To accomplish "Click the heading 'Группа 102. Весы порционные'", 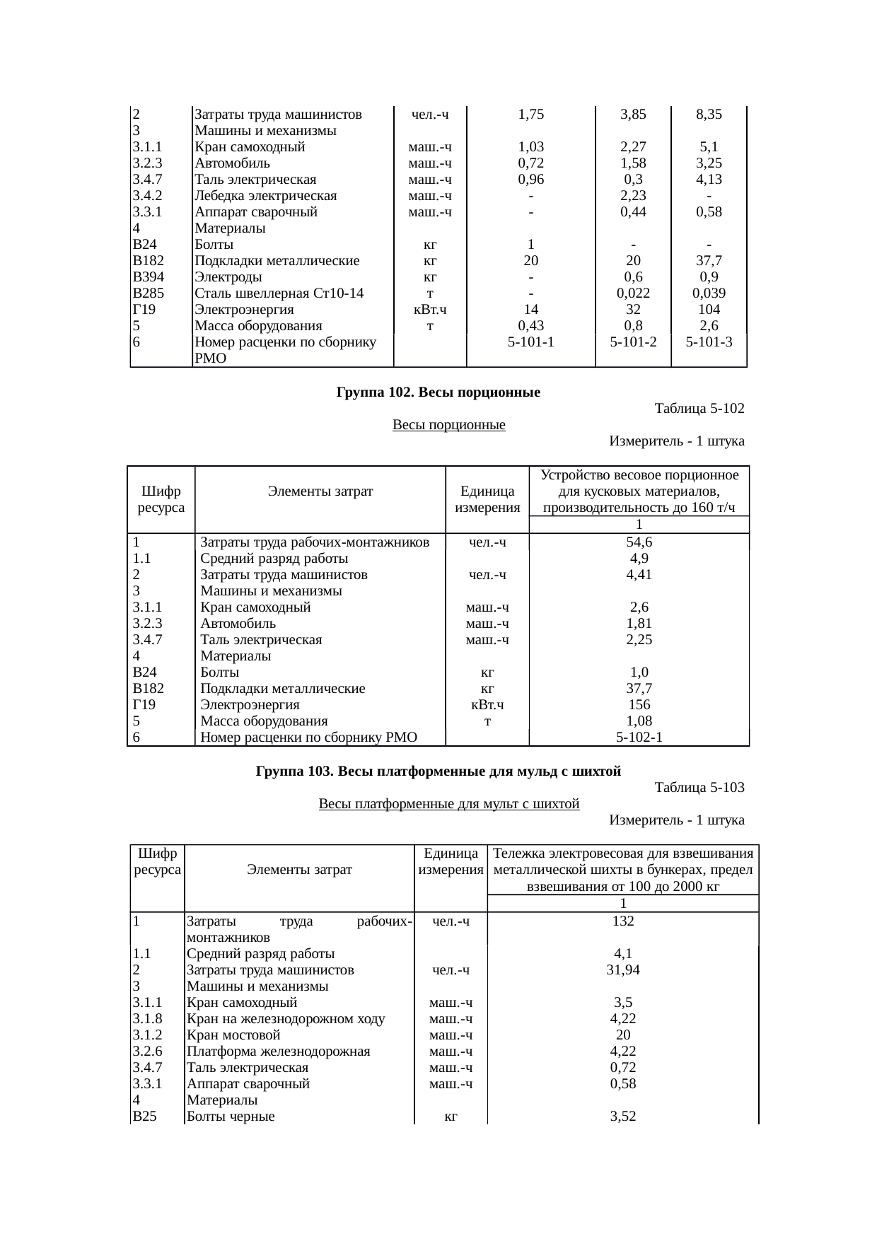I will click(438, 392).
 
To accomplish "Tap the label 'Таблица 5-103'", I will click(699, 787).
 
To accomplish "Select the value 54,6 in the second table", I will click(639, 542).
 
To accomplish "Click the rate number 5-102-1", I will click(639, 738).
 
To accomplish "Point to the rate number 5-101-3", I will click(709, 342).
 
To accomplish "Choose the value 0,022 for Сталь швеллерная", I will click(634, 293).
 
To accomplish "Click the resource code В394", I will click(149, 277).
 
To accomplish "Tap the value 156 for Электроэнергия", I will click(639, 705).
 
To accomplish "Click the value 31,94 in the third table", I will click(623, 970).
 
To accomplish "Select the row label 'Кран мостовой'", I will click(234, 1035).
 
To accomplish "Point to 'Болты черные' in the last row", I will click(231, 1117).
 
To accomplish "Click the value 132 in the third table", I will click(623, 921).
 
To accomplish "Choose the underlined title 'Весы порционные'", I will click(448, 425).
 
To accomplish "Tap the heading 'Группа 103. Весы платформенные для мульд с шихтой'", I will click(438, 771).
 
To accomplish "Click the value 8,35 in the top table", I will click(709, 115).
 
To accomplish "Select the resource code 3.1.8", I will click(147, 1019).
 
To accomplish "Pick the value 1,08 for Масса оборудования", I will click(639, 721).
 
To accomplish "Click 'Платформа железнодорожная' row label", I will click(279, 1051).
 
